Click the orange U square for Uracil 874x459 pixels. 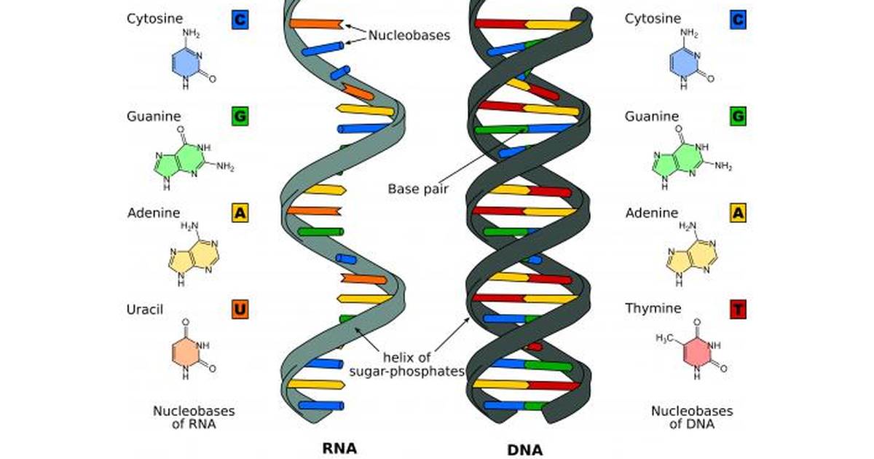240,310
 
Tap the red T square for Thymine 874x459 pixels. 738,310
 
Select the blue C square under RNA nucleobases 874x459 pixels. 240,20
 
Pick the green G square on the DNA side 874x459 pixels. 738,116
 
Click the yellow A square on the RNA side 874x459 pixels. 240,213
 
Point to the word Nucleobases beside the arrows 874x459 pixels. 409,35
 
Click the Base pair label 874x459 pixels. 418,189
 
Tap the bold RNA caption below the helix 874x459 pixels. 339,448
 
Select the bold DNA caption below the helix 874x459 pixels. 525,450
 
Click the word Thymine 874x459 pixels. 653,308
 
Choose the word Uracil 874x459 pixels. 145,310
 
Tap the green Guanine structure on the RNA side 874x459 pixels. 194,158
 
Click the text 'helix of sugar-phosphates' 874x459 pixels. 406,364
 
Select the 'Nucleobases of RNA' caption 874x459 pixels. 194,417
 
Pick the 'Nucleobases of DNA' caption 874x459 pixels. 692,417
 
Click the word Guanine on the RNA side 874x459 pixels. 154,117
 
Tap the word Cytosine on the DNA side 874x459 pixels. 653,18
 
